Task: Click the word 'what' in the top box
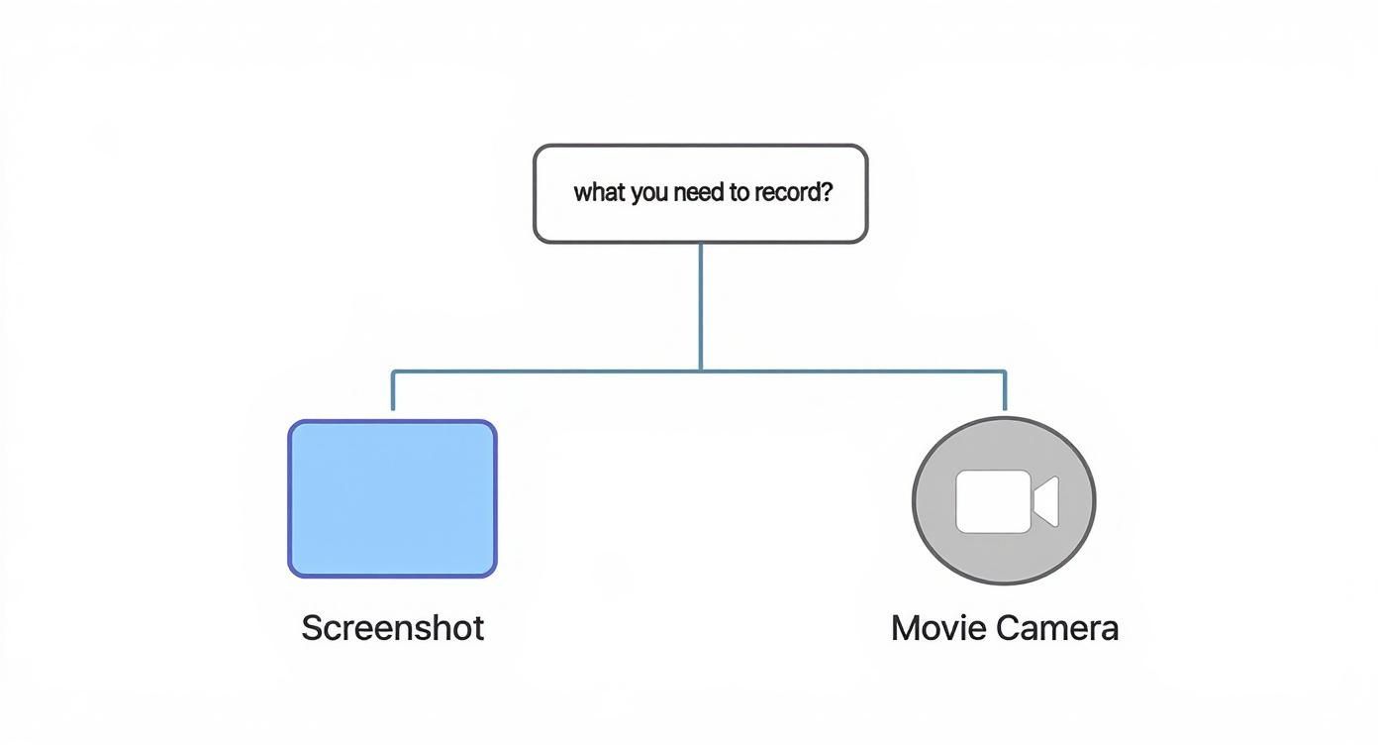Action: (598, 192)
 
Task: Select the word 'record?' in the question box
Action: (794, 192)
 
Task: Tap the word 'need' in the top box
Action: (700, 192)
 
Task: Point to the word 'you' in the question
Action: (649, 193)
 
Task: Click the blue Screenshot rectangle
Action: (392, 498)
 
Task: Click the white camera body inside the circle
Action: (993, 501)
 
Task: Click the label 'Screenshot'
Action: (393, 628)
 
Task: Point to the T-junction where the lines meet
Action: (701, 372)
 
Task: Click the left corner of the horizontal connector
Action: (394, 372)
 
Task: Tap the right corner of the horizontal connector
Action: (1005, 372)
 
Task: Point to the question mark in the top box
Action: (827, 192)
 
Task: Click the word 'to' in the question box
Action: (739, 192)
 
